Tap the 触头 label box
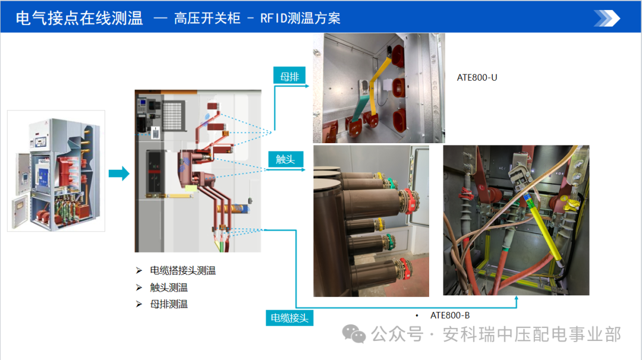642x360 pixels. click(285, 159)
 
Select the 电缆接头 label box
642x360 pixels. click(289, 318)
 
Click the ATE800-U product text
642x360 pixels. click(477, 77)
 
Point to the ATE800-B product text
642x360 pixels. click(450, 315)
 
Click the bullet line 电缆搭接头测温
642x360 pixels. click(182, 271)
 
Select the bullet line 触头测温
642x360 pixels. click(169, 288)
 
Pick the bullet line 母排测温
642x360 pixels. click(169, 304)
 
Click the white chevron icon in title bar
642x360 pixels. click(607, 18)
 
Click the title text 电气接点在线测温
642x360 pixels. click(79, 18)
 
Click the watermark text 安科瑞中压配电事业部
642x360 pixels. click(531, 334)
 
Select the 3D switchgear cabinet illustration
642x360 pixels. click(56, 170)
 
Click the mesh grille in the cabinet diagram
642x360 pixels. click(175, 113)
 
